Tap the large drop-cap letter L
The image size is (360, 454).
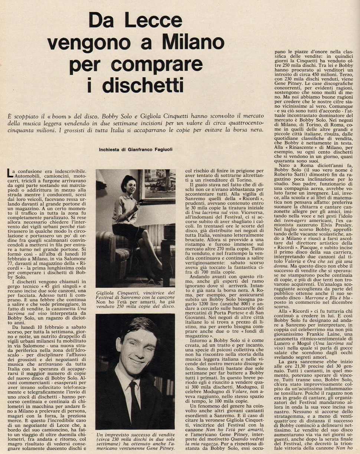10,173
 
